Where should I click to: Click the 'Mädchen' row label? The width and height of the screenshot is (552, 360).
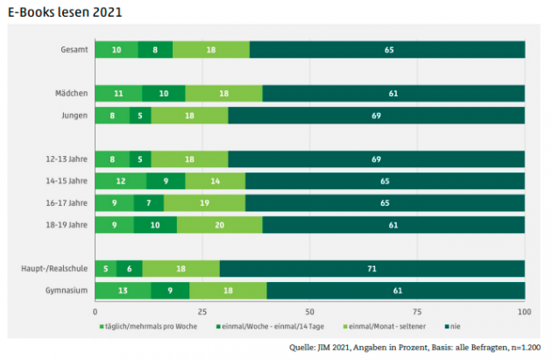click(x=71, y=92)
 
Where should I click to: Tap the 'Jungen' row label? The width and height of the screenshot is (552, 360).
click(x=73, y=115)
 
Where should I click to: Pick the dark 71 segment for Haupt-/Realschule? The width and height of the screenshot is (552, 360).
click(x=372, y=269)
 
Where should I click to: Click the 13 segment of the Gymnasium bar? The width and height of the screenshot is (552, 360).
click(x=123, y=291)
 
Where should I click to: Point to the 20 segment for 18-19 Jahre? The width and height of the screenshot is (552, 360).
click(x=219, y=224)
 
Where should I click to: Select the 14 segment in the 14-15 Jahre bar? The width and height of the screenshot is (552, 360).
click(x=215, y=181)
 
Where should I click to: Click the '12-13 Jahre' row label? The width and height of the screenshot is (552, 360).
click(x=67, y=159)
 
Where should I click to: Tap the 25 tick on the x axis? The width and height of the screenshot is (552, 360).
click(x=202, y=312)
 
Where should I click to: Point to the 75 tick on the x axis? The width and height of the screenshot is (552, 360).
click(x=417, y=312)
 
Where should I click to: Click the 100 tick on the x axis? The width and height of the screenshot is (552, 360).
click(x=524, y=312)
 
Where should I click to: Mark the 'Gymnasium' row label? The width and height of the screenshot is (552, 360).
click(x=67, y=291)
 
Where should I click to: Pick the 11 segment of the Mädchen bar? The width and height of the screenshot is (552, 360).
click(x=117, y=93)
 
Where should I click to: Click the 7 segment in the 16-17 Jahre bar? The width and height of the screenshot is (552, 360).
click(x=148, y=203)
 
